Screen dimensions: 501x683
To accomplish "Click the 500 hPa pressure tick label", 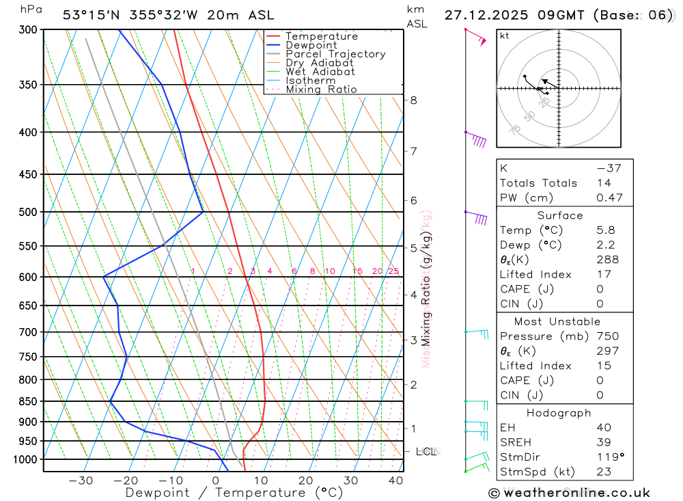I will tap(29, 212).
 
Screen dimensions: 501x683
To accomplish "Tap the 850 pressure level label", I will tap(29, 401).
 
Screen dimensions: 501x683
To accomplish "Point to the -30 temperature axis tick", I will tap(81, 480).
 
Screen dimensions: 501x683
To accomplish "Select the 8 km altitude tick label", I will tap(413, 100).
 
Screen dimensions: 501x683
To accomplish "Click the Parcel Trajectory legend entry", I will tap(335, 54).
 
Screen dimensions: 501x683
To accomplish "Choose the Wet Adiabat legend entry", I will tap(320, 72).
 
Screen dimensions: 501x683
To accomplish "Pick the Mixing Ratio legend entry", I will tap(321, 90).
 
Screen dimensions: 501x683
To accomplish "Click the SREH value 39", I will tap(604, 443).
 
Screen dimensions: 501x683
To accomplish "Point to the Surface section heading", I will tap(559, 215).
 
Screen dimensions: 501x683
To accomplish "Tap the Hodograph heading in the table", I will tap(559, 414).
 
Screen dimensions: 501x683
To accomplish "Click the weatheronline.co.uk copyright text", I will tap(569, 493).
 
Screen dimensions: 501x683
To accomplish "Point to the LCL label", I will tap(426, 452).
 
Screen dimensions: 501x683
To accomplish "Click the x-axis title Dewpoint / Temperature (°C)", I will tap(234, 493).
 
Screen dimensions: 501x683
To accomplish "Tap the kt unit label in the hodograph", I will tap(505, 36).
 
